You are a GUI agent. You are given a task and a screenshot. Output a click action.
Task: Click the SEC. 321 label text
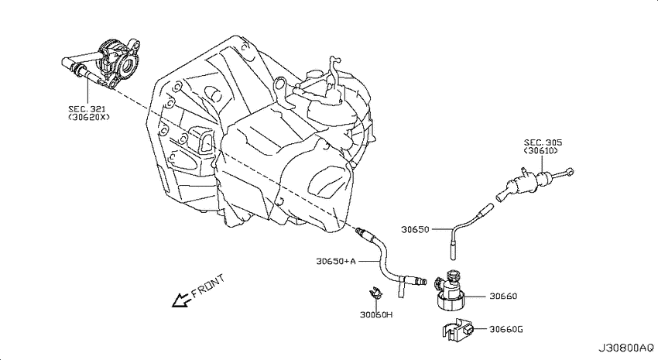pyautogui.click(x=87, y=109)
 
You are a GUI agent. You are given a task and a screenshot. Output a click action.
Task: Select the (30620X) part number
pyautogui.click(x=88, y=117)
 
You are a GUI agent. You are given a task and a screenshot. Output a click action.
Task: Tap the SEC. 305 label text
pyautogui.click(x=543, y=142)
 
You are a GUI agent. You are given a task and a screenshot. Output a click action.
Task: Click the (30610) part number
pyautogui.click(x=540, y=151)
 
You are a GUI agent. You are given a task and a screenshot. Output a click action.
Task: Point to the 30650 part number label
pyautogui.click(x=415, y=229)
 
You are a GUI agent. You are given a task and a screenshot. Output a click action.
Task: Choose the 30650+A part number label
pyautogui.click(x=336, y=262)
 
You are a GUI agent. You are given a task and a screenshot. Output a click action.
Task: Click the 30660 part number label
pyautogui.click(x=503, y=297)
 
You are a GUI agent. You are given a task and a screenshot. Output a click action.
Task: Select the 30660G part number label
pyautogui.click(x=506, y=329)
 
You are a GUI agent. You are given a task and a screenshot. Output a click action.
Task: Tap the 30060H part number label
pyautogui.click(x=376, y=314)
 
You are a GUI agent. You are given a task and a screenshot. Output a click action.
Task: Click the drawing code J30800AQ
pyautogui.click(x=625, y=348)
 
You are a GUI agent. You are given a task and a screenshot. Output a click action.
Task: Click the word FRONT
pyautogui.click(x=207, y=286)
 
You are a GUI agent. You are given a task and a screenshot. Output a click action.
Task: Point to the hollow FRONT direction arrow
pyautogui.click(x=181, y=300)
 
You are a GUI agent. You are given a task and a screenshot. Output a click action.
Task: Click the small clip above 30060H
pyautogui.click(x=375, y=292)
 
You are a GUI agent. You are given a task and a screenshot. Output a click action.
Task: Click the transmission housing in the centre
pyautogui.click(x=260, y=134)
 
